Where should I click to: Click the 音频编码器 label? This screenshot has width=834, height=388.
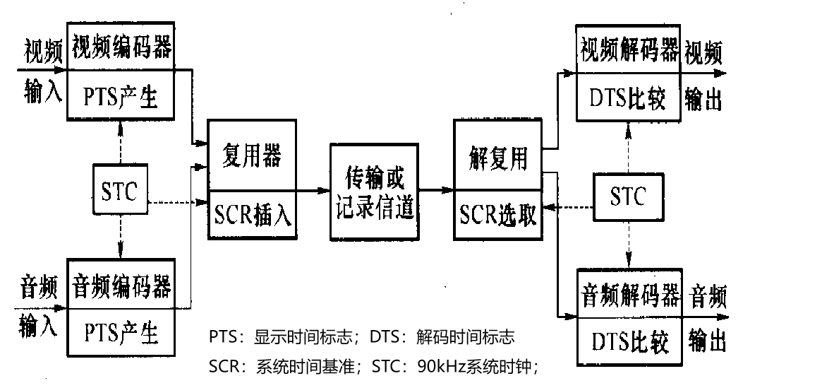click(121, 286)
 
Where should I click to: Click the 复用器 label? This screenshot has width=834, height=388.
click(251, 156)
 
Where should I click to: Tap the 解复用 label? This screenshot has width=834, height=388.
click(498, 157)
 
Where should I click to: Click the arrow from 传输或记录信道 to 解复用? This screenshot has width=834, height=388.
click(435, 190)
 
